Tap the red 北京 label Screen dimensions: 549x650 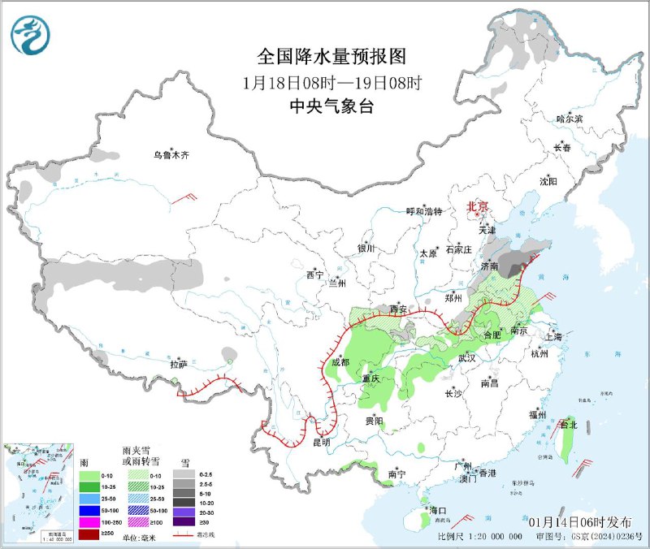tap(478, 208)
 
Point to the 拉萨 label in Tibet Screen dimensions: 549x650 tap(179, 365)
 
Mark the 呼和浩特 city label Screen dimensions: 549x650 tap(423, 211)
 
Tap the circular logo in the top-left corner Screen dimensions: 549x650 tap(31, 35)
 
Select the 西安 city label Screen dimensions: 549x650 tap(397, 309)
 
